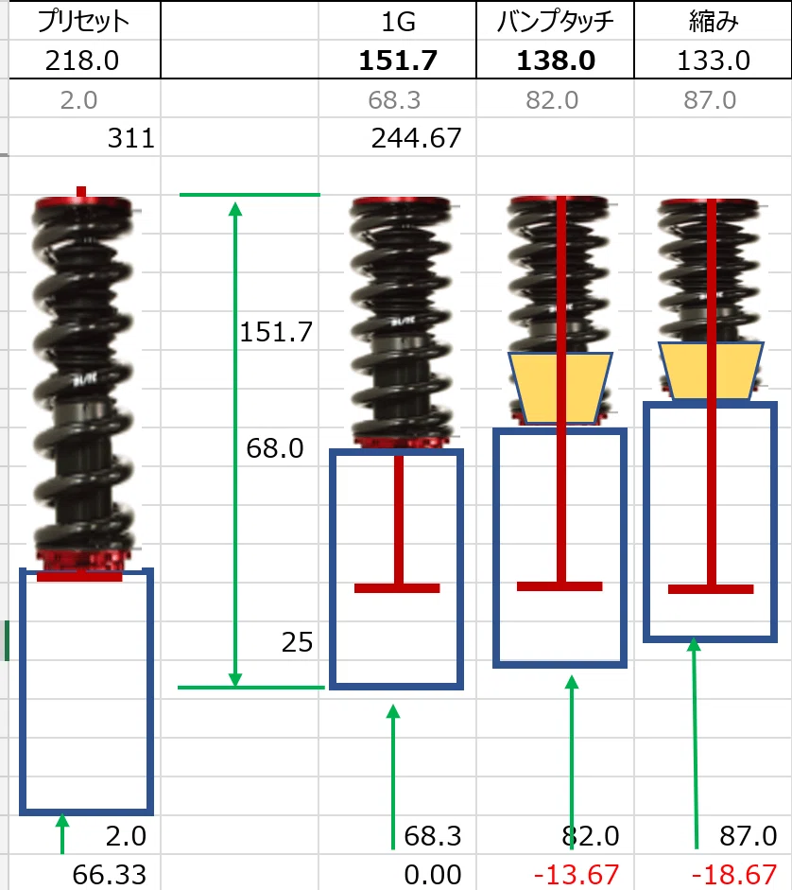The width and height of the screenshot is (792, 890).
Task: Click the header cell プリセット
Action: [83, 22]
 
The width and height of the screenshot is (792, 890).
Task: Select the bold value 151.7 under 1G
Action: [398, 61]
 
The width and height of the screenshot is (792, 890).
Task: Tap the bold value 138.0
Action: [556, 61]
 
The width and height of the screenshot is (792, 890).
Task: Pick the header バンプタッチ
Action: [555, 22]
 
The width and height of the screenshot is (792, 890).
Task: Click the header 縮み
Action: [714, 22]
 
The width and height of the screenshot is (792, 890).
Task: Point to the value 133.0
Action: [714, 61]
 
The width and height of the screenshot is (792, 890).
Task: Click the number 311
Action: [131, 138]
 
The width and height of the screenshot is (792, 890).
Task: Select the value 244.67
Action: [417, 138]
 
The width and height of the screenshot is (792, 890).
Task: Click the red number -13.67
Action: [576, 875]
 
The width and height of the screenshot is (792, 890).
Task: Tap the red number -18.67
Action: [733, 875]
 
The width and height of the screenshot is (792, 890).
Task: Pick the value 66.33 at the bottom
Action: [109, 875]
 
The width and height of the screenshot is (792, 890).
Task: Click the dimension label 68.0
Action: [275, 448]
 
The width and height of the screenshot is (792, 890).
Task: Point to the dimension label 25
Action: [298, 642]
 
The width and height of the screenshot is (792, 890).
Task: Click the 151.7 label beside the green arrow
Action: [276, 332]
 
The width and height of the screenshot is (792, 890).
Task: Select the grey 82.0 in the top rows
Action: [551, 100]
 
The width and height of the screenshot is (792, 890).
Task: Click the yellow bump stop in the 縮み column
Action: [711, 371]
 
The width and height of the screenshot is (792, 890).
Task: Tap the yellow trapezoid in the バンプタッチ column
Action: [560, 388]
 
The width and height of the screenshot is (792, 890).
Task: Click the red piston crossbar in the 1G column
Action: [397, 588]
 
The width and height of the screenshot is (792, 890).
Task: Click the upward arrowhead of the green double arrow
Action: [235, 208]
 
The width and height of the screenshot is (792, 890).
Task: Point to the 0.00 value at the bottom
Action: [432, 875]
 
